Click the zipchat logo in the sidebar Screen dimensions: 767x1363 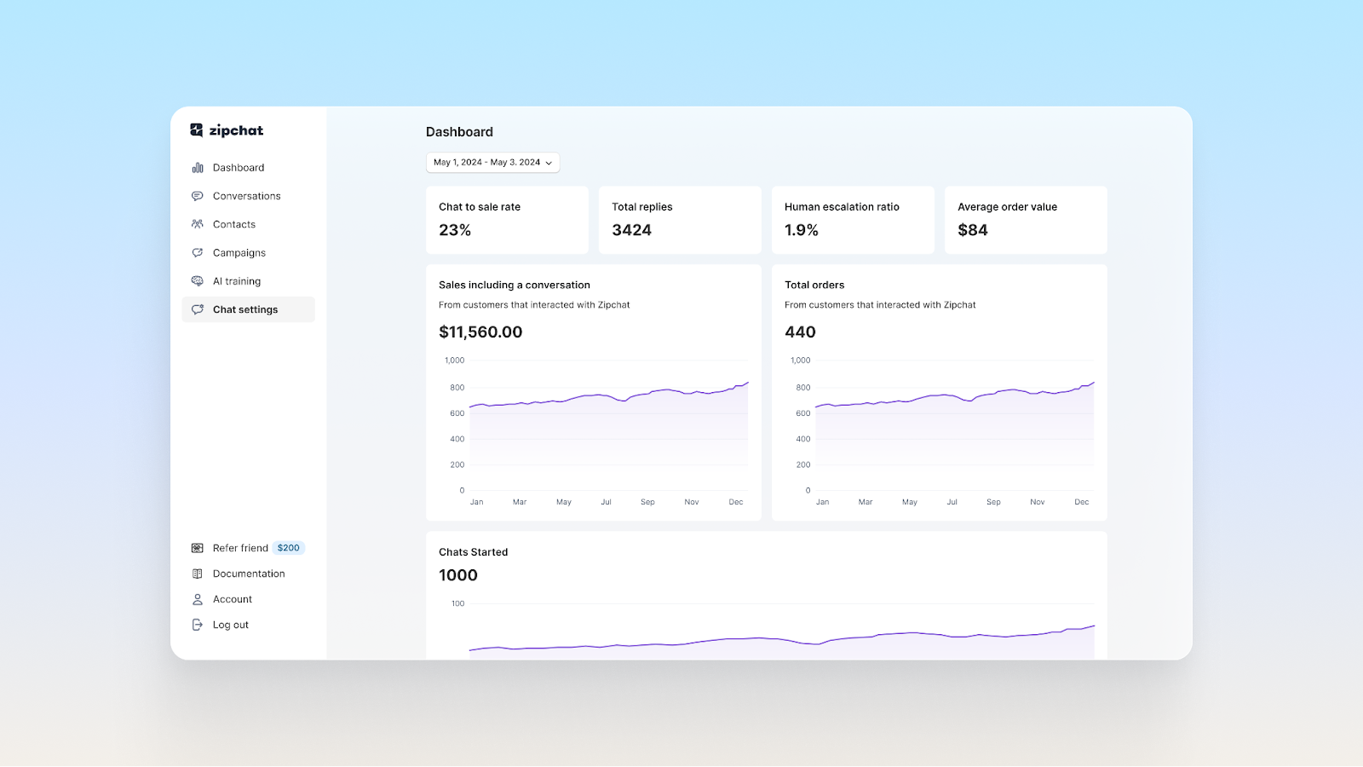point(227,130)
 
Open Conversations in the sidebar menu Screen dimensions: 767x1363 point(246,196)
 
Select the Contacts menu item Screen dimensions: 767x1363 point(233,224)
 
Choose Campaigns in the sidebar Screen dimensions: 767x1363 point(239,253)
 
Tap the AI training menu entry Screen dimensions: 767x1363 point(236,281)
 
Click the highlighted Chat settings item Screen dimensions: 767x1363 point(245,309)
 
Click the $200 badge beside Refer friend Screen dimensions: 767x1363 point(289,548)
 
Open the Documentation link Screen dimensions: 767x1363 point(249,574)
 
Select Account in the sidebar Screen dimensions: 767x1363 point(232,599)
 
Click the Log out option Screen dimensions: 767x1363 point(230,625)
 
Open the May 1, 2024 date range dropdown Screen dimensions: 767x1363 point(492,162)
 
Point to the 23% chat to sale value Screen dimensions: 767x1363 point(455,230)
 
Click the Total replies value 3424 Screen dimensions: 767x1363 point(631,230)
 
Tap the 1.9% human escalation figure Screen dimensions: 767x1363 point(802,230)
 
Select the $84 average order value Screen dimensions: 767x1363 point(973,230)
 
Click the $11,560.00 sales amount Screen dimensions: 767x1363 point(480,332)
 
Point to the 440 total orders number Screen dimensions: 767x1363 point(800,332)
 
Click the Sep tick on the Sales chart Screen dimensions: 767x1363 point(647,502)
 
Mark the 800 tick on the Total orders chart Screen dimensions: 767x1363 point(803,388)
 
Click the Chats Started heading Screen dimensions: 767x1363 point(473,552)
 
